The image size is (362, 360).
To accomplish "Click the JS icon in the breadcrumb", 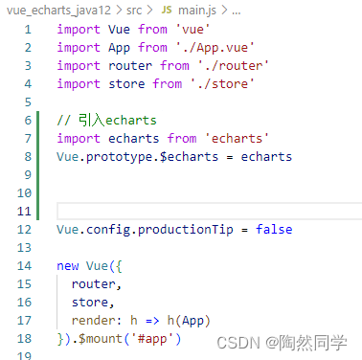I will click(167, 9).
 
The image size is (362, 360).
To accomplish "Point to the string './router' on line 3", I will click(234, 65).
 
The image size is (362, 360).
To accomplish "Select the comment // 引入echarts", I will click(105, 120).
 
